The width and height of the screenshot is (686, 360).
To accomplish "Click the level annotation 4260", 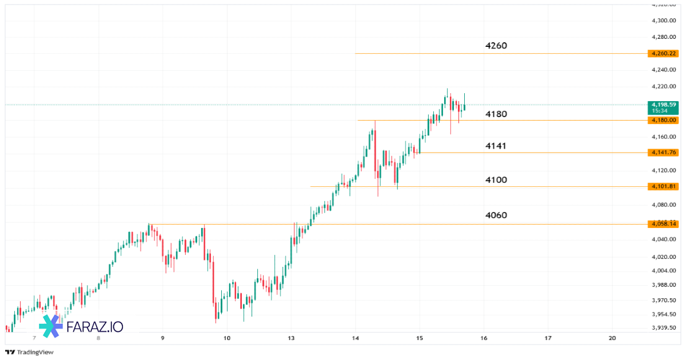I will click(496, 46).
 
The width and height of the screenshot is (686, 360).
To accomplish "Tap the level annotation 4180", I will click(496, 114).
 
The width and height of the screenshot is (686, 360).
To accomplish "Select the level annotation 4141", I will click(496, 146).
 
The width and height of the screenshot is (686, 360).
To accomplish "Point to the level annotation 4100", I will click(496, 180).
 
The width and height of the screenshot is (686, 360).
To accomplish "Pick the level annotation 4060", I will click(496, 215).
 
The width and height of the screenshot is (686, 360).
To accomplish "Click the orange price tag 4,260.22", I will click(663, 54).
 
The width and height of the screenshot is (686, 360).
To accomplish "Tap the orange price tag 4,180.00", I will click(663, 120).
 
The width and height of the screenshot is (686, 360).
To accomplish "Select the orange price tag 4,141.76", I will click(663, 153).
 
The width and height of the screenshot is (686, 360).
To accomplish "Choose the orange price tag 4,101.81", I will click(663, 186).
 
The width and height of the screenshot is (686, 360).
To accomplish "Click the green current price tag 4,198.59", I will click(663, 107).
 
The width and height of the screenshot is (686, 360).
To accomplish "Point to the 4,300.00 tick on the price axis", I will click(664, 21).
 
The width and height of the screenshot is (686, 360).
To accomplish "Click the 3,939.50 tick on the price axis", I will click(664, 327).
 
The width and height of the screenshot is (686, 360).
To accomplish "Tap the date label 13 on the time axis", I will click(291, 338).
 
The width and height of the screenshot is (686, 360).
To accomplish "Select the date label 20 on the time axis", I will click(612, 338).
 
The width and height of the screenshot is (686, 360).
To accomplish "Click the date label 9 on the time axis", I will click(163, 338).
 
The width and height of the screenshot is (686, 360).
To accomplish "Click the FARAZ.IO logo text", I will click(95, 327).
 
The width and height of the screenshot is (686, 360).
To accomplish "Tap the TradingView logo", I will click(30, 352).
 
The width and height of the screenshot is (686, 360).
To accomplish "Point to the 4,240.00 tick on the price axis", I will click(664, 70).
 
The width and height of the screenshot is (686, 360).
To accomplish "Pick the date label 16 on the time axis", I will click(484, 338).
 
